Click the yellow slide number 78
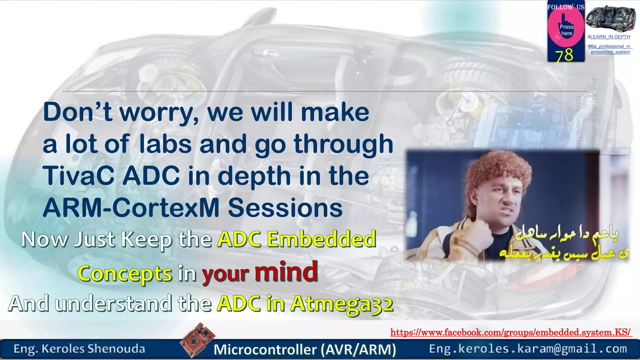564,55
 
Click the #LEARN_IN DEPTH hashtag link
609,37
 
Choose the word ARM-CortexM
131,208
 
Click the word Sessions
285,208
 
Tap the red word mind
286,272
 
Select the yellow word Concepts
125,273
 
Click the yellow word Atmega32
342,304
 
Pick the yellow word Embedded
322,239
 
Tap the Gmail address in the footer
528,349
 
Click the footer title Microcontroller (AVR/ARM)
305,349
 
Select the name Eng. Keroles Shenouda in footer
79,349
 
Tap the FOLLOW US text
566,7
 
